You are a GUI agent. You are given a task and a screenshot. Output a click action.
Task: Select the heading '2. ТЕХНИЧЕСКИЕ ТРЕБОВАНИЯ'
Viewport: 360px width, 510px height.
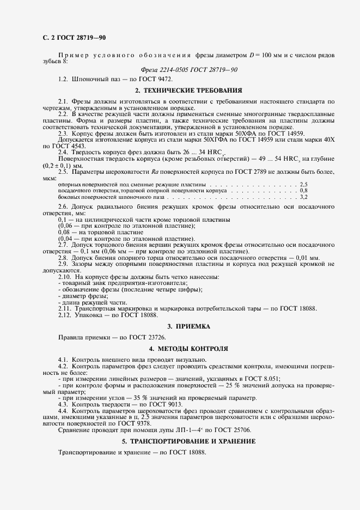coord(188,90)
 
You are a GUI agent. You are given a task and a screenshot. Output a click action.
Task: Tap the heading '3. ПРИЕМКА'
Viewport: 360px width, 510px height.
coord(188,326)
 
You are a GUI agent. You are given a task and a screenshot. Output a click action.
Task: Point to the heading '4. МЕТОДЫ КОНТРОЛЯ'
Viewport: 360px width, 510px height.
coord(188,348)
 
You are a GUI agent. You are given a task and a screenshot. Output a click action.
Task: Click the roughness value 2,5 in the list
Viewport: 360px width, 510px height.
coord(304,185)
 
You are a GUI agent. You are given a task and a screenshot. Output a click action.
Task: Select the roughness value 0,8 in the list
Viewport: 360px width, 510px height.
coord(304,191)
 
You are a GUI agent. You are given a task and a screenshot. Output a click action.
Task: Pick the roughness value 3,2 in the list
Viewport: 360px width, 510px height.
coord(304,196)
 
